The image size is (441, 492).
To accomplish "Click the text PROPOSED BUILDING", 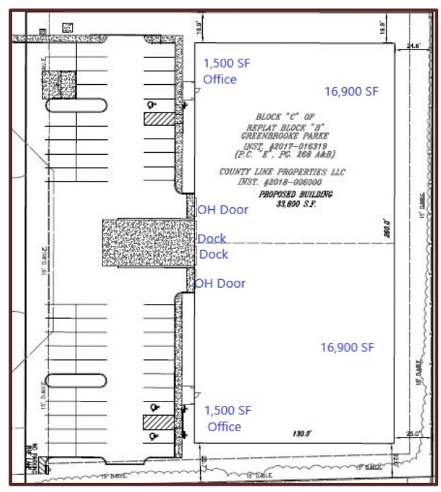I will [x=295, y=194].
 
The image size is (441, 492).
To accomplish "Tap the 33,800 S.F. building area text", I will [x=295, y=204].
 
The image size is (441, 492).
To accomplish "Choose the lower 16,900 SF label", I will [x=347, y=347].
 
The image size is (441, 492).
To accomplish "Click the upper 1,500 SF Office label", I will [x=226, y=71].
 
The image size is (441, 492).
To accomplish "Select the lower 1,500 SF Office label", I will [x=228, y=418].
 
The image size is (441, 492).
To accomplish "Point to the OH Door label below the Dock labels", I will [x=220, y=283].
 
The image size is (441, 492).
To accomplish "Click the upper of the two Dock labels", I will [x=211, y=239].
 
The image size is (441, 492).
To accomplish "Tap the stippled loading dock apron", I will [x=144, y=242].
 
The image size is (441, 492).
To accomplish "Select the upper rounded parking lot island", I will [x=77, y=105].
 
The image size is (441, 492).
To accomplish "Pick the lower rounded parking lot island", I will [x=77, y=380].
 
